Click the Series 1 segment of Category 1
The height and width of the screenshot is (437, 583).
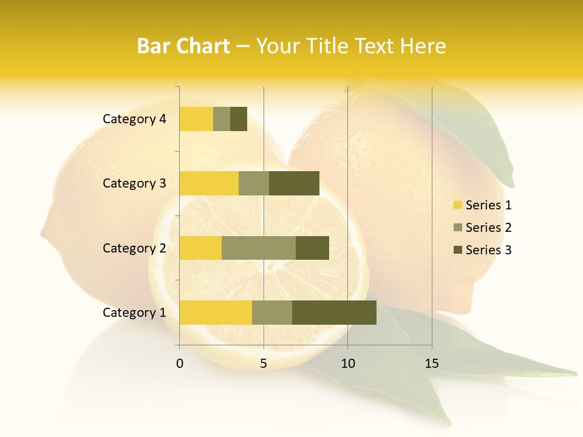point(216,313)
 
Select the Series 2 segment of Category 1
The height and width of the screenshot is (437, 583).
point(272,313)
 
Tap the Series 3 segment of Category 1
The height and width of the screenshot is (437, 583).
point(334,313)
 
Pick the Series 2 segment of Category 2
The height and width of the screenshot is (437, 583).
point(259,248)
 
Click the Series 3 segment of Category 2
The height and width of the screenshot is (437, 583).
point(312,248)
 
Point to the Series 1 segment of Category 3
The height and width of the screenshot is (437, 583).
point(209,183)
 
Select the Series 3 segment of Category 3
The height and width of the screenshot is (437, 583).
point(294,183)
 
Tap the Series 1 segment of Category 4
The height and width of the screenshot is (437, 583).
point(196,119)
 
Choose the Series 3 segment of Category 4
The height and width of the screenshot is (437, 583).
point(239,119)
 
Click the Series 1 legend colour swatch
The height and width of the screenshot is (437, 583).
point(457,205)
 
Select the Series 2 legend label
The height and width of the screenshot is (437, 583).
point(488,228)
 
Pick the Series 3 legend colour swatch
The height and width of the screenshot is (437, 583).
point(457,250)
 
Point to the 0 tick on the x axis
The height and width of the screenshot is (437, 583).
point(180,364)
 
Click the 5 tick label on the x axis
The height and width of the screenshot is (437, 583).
point(264,364)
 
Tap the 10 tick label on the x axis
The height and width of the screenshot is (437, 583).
point(347,364)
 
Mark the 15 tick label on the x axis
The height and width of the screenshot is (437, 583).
point(432,364)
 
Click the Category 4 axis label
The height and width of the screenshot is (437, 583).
point(134,119)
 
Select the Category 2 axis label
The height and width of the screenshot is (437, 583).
point(134,248)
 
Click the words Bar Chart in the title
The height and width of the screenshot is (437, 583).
point(183,46)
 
